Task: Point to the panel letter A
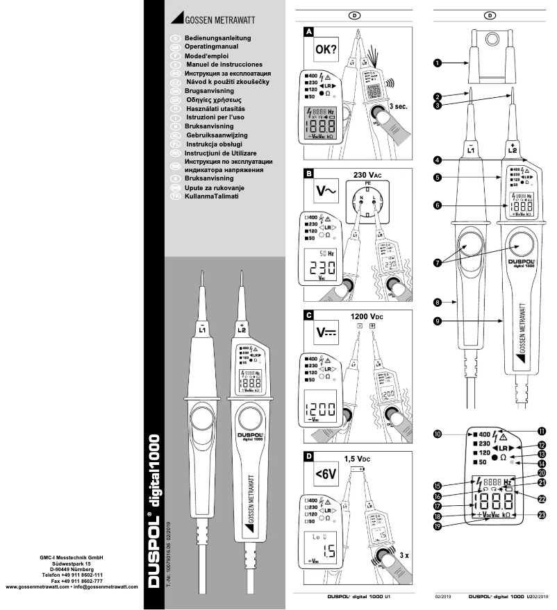308,32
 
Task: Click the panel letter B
308,173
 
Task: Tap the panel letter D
308,456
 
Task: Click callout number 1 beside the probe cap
438,63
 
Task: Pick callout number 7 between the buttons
438,263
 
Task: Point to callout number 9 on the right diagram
438,321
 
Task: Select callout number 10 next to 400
438,435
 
